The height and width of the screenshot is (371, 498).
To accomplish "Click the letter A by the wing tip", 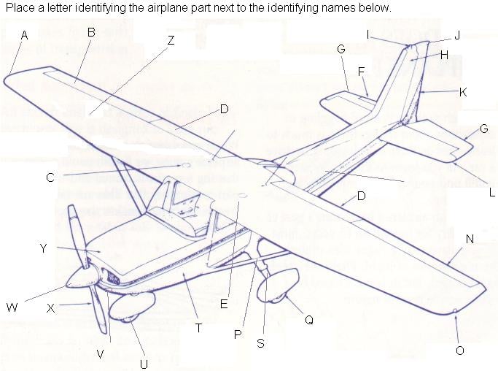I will (x=25, y=35).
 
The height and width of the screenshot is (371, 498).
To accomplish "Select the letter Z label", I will (x=171, y=41).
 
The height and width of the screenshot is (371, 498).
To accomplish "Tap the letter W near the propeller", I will (x=12, y=307).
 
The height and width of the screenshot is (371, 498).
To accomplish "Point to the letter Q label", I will (x=309, y=319).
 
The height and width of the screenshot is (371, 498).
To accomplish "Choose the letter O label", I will (x=459, y=351).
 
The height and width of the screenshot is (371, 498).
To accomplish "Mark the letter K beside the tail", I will (x=463, y=92).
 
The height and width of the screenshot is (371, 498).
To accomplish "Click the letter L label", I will (x=492, y=193).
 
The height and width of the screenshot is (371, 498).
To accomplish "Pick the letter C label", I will (x=50, y=177).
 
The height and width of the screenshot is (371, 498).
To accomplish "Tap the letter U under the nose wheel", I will (x=144, y=364).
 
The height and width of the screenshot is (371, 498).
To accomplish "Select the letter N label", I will (x=470, y=239).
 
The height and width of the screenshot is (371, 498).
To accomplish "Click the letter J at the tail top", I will (x=457, y=35).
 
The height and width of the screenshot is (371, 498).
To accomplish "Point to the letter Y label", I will (x=44, y=249).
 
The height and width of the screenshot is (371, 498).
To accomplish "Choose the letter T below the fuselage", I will (x=198, y=328).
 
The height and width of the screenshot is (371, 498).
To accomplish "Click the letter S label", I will (x=260, y=344).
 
